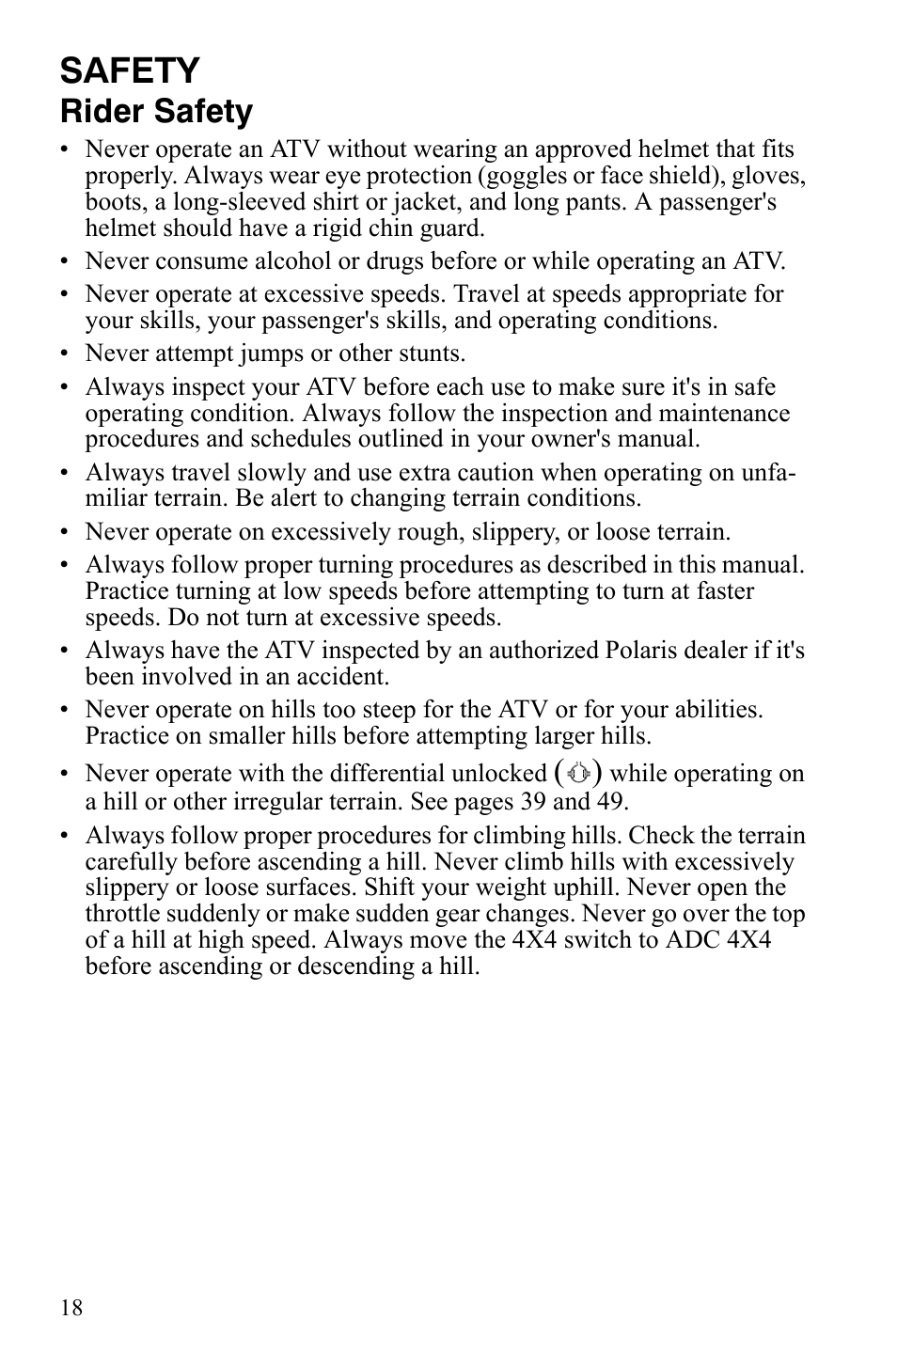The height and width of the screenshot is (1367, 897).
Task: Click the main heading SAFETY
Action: (x=130, y=71)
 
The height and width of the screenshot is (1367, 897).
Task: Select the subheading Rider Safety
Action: (x=156, y=112)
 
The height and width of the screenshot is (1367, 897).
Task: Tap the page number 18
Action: (x=71, y=1308)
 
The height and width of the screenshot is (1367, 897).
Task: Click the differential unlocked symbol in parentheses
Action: (x=579, y=773)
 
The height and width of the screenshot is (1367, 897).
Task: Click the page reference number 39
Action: (x=534, y=801)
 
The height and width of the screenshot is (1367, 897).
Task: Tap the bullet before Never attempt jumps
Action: (x=65, y=354)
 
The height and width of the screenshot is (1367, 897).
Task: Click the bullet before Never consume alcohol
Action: (x=65, y=262)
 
